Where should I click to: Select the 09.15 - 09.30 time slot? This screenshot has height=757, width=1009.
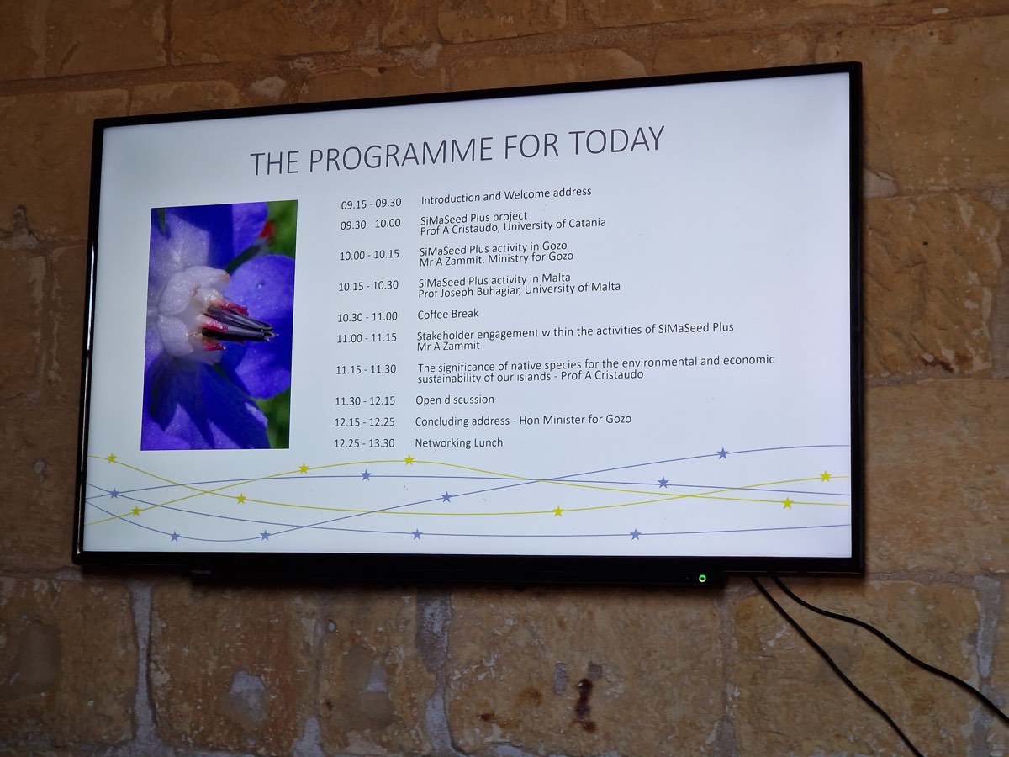pyautogui.click(x=371, y=204)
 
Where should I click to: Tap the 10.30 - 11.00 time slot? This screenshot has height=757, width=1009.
pyautogui.click(x=367, y=317)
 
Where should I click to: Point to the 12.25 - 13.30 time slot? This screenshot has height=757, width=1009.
pyautogui.click(x=364, y=443)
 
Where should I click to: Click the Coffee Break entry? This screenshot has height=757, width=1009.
pyautogui.click(x=447, y=314)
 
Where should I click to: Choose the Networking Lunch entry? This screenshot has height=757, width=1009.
pyautogui.click(x=459, y=442)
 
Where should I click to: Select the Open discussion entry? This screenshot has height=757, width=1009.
pyautogui.click(x=455, y=400)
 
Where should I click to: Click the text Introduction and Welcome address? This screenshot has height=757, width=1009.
pyautogui.click(x=506, y=195)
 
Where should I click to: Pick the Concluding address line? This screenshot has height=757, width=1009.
pyautogui.click(x=523, y=420)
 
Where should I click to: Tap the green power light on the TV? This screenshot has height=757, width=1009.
pyautogui.click(x=702, y=578)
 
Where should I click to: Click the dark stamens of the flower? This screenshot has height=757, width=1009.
pyautogui.click(x=238, y=325)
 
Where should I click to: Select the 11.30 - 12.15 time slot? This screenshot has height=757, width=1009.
pyautogui.click(x=365, y=401)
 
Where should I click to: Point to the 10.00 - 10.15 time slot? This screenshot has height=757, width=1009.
pyautogui.click(x=369, y=255)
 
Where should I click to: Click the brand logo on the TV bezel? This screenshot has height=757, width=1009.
pyautogui.click(x=201, y=573)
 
